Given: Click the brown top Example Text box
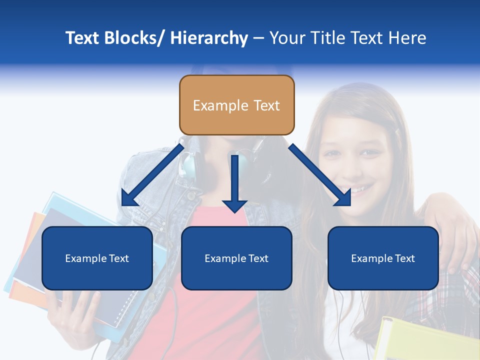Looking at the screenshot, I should tap(236, 105).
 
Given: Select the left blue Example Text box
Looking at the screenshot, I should tap(97, 258).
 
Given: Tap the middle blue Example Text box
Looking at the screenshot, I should tap(236, 258).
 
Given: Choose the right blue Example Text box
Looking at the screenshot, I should tap(383, 258).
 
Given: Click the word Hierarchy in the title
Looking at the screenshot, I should tap(209, 38).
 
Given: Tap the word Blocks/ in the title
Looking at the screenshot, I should tap(133, 38).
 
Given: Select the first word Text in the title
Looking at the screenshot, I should tap(82, 38).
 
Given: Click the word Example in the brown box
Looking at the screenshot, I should tap(213, 105).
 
